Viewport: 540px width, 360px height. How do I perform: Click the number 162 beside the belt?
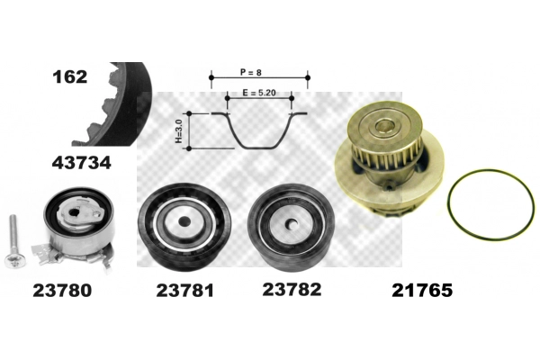click(70, 76)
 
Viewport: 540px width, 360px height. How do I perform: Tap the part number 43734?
click(82, 163)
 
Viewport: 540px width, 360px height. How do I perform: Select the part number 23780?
click(62, 291)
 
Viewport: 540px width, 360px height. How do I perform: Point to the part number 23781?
click(184, 291)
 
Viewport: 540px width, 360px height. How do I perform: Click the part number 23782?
click(292, 290)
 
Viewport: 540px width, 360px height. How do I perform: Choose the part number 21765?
click(422, 291)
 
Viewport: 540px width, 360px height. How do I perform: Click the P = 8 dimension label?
click(251, 72)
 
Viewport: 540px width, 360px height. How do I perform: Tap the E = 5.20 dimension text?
click(259, 93)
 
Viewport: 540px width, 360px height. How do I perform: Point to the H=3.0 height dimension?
click(178, 130)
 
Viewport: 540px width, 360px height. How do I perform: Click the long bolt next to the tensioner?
click(13, 241)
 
